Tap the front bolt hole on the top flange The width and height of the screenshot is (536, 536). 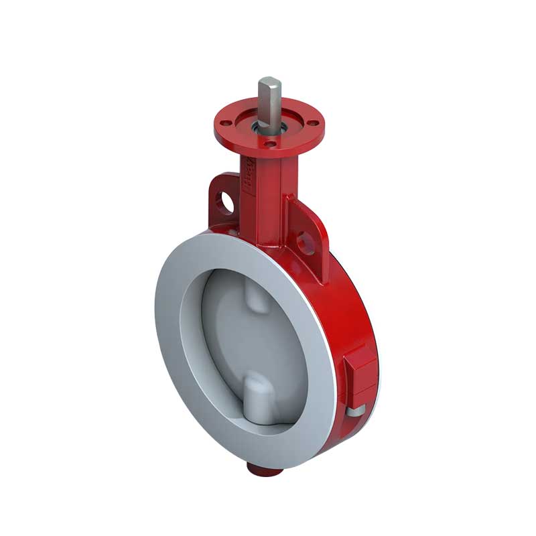[270, 143]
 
